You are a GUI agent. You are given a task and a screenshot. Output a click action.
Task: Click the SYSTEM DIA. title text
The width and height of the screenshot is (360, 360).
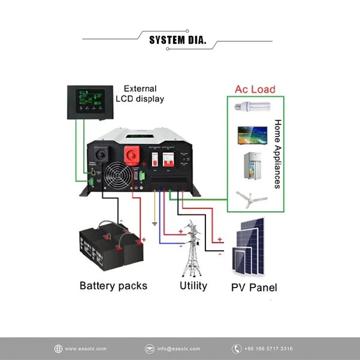tap(177, 41)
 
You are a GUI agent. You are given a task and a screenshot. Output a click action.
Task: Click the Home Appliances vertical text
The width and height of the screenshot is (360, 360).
tap(277, 154)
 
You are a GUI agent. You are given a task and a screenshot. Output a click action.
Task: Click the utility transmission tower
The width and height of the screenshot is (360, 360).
tap(192, 249)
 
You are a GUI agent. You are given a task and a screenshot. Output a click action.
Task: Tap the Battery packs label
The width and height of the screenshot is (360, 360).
tap(113, 285)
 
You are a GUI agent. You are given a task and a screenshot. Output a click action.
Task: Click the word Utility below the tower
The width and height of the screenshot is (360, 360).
tap(193, 286)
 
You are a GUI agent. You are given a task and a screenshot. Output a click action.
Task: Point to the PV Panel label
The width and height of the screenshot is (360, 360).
tap(254, 287)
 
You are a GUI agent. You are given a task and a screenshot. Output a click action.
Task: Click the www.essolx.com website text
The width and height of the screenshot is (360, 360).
tap(85, 349)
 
